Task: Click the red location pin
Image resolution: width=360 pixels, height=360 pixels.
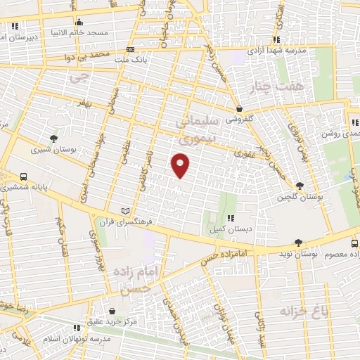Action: click(x=181, y=165)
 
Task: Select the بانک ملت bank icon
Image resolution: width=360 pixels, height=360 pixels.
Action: click(x=130, y=49)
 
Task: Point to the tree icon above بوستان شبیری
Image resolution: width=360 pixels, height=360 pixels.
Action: click(x=53, y=138)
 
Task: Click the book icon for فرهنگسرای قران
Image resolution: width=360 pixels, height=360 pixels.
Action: click(x=126, y=210)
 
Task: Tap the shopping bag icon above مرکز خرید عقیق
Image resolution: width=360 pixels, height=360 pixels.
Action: click(x=113, y=309)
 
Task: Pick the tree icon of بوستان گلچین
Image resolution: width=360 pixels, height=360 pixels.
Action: click(x=301, y=186)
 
